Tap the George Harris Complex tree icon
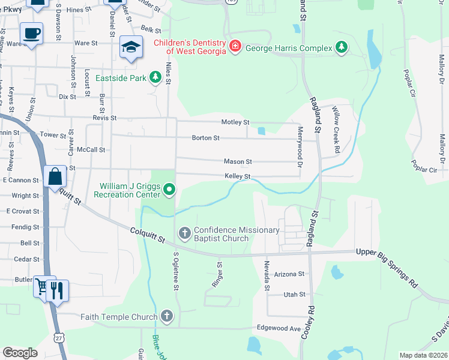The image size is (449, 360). coord(342,47)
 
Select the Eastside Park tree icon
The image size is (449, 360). coord(155,77)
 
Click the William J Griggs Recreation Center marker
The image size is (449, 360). coord(169,190)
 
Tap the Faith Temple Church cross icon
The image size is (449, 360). coord(166,316)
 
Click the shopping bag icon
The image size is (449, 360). coord(55,176)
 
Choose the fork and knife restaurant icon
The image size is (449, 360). coord(58,290)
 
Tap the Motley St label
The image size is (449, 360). coord(235,122)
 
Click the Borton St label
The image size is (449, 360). coord(206,138)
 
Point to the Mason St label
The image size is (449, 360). coord(238,161)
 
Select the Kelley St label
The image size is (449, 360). coord(237,176)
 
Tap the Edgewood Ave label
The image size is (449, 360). coord(279,329)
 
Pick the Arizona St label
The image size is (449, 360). coord(289,274)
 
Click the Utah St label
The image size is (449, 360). coord(294,295)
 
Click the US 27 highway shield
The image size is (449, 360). coord(58,337)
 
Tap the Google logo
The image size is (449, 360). coord(20,352)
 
